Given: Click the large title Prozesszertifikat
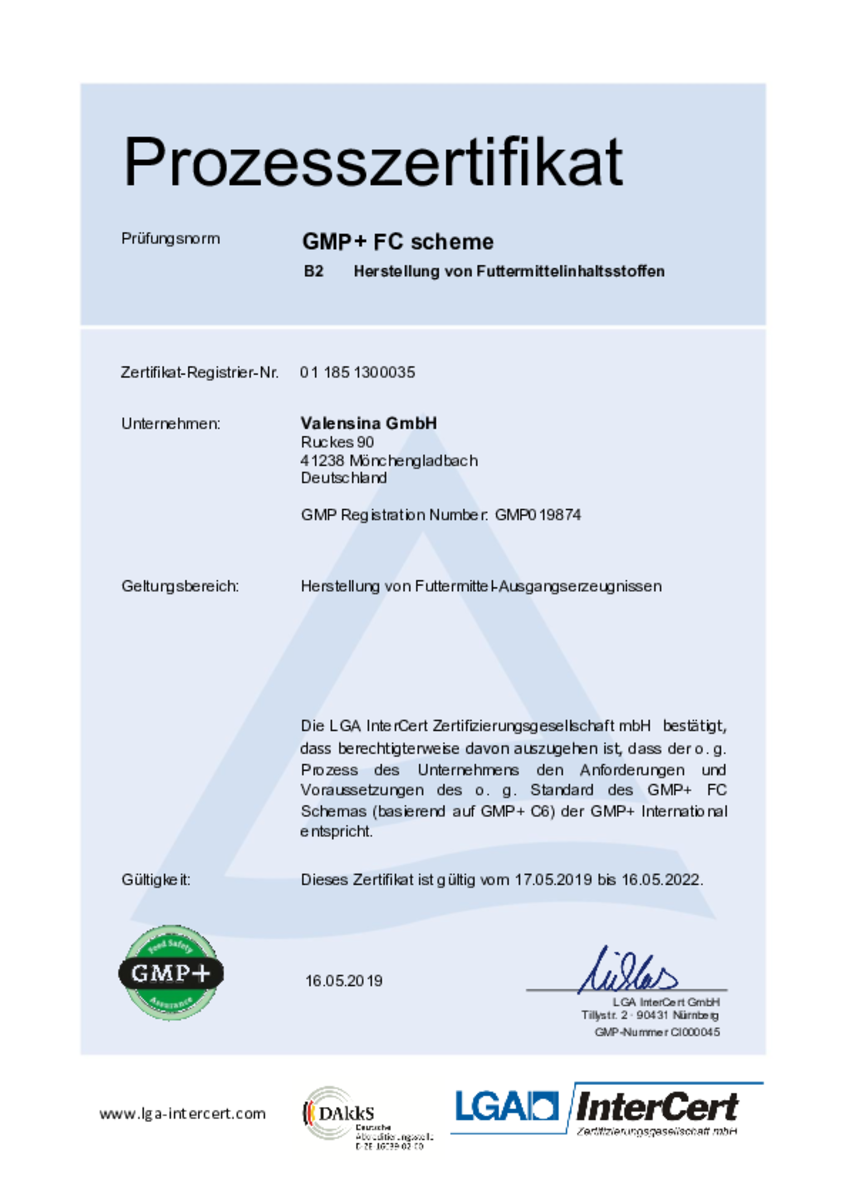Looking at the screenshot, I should [x=372, y=162].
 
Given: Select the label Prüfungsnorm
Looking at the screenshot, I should [x=170, y=239].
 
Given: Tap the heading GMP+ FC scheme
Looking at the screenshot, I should [x=398, y=242].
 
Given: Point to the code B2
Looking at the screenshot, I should [x=313, y=271].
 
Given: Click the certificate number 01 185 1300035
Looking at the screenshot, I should [x=357, y=372].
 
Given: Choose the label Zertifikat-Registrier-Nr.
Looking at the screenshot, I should [x=199, y=372].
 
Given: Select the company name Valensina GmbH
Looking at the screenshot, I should [x=369, y=423].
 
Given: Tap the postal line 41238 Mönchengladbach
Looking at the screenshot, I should [x=389, y=460].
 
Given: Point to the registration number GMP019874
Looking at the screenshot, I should [x=538, y=516].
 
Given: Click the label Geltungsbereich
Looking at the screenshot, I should [x=180, y=586].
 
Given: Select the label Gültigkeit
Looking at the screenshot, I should [x=156, y=881].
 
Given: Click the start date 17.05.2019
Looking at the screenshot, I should [x=554, y=881].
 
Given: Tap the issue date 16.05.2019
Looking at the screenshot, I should [x=343, y=981].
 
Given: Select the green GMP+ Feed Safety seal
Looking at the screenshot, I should [x=171, y=972].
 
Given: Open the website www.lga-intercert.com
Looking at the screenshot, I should [x=183, y=1113].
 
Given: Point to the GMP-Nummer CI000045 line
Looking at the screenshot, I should [x=656, y=1032].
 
